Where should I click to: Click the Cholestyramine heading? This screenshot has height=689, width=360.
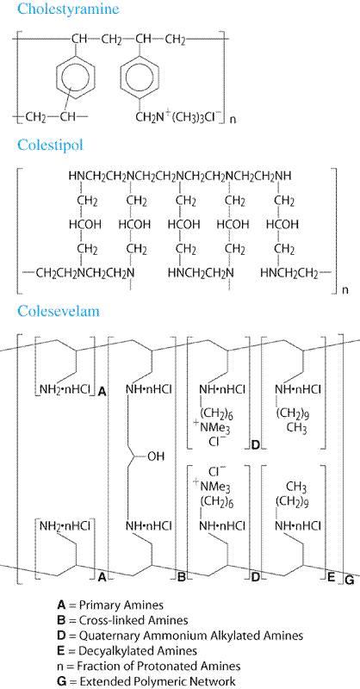tap(68, 9)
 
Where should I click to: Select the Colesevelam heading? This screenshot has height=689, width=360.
tap(59, 311)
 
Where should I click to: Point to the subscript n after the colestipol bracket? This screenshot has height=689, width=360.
tap(345, 290)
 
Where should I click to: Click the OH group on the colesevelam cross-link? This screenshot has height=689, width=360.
tap(155, 457)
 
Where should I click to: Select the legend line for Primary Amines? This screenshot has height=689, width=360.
tap(110, 605)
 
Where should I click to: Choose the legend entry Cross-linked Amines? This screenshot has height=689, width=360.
tap(122, 620)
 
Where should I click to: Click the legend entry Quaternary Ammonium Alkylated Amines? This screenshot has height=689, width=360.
tap(180, 636)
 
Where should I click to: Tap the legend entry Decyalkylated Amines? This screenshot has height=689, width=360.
tap(127, 650)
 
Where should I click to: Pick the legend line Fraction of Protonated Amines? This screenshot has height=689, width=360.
tap(149, 666)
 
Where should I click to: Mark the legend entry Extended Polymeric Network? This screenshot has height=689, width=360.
tap(146, 681)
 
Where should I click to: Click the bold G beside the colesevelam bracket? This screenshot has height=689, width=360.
tap(350, 580)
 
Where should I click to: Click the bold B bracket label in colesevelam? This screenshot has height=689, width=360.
tap(181, 578)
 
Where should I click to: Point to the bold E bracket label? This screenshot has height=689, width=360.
tap(332, 578)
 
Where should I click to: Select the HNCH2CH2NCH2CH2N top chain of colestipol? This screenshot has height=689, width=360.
tap(180, 177)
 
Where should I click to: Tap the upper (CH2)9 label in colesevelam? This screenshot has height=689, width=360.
tap(291, 413)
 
